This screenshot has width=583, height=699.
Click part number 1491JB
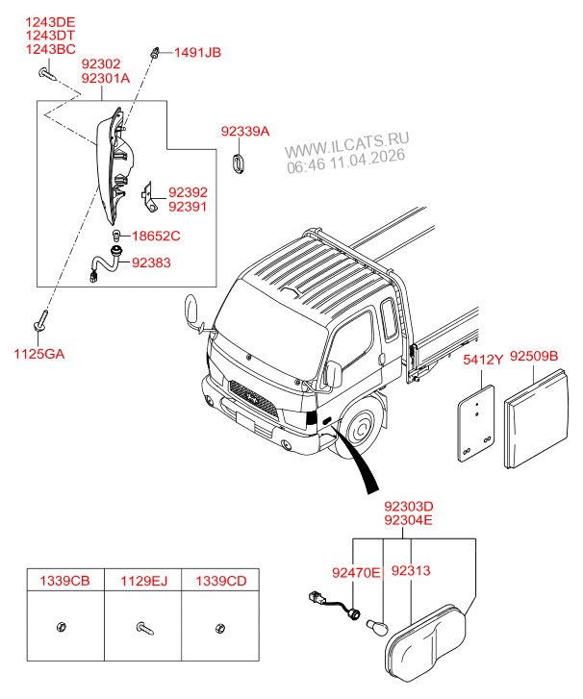pyautogui.click(x=197, y=53)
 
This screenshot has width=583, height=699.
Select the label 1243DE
pyautogui.click(x=51, y=20)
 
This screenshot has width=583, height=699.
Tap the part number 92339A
pyautogui.click(x=244, y=132)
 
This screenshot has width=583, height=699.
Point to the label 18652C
pyautogui.click(x=156, y=236)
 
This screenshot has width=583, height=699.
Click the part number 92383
pyautogui.click(x=152, y=262)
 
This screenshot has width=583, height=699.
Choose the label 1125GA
pyautogui.click(x=38, y=354)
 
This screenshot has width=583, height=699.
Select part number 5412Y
pyautogui.click(x=483, y=360)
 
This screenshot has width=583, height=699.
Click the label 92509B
pyautogui.click(x=533, y=358)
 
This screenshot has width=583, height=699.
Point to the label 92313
pyautogui.click(x=411, y=571)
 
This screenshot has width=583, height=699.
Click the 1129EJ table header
pyautogui.click(x=143, y=580)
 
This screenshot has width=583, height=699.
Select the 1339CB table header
pyautogui.click(x=64, y=580)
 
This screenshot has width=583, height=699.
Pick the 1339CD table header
pyautogui.click(x=221, y=580)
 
